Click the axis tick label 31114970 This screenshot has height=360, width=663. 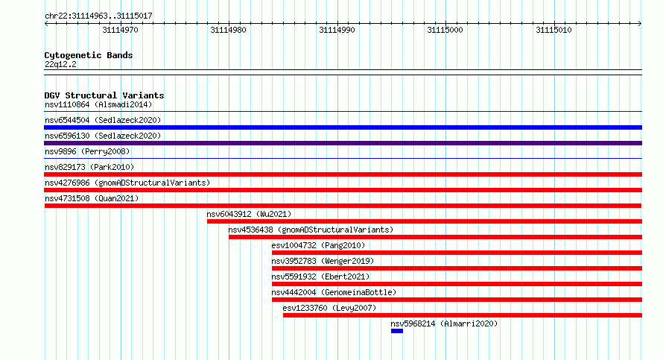tap(120, 30)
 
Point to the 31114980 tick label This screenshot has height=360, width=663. tap(228, 30)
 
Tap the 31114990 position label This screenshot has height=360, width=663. tap(337, 30)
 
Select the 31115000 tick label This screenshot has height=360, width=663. tap(445, 30)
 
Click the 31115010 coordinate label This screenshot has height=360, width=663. tap(553, 30)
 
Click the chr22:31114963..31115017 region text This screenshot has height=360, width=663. tap(98, 16)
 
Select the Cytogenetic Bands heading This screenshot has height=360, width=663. tap(89, 55)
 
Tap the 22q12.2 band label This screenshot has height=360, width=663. tap(60, 64)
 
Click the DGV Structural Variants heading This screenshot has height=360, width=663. tap(104, 95)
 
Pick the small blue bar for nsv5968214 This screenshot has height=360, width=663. tap(397, 331)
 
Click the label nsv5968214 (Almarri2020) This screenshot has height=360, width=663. tap(444, 323)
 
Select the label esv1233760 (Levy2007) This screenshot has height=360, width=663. tap(329, 308)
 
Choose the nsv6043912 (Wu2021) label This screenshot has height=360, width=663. tap(249, 214)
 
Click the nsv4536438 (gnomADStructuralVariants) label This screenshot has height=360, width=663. tap(311, 230)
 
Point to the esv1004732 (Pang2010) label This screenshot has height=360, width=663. tap(318, 245)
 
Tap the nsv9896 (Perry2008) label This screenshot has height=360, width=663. tap(87, 151)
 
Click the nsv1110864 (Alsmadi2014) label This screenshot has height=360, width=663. tap(98, 104)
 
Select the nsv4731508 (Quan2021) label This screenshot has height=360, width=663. tap(92, 198)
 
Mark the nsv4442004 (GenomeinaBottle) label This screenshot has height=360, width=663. tap(334, 292)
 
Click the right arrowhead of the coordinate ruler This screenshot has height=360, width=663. tap(641, 24)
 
